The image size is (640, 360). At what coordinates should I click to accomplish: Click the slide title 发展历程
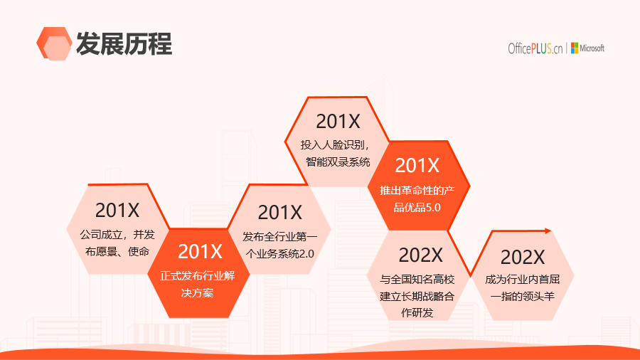pyautogui.click(x=124, y=43)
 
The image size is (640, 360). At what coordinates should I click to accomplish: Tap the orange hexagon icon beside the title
pyautogui.click(x=54, y=43)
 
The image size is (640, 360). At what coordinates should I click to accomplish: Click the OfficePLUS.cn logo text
pyautogui.click(x=535, y=48)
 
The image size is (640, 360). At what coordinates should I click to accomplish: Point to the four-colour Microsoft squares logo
pyautogui.click(x=575, y=48)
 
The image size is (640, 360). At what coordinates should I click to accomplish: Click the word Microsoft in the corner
pyautogui.click(x=592, y=48)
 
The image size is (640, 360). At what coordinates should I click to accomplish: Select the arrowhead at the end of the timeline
pyautogui.click(x=548, y=231)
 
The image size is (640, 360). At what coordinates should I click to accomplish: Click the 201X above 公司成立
pyautogui.click(x=117, y=211)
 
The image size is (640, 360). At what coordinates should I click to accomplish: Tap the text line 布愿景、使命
pyautogui.click(x=117, y=251)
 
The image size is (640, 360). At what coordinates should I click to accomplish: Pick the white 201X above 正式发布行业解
pyautogui.click(x=200, y=251)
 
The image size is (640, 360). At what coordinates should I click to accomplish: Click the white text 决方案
pyautogui.click(x=198, y=293)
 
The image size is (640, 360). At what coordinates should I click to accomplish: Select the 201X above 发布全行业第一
pyautogui.click(x=279, y=213)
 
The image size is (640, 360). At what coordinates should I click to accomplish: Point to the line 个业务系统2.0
pyautogui.click(x=280, y=254)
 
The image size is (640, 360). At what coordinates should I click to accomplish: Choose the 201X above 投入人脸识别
pyautogui.click(x=338, y=121)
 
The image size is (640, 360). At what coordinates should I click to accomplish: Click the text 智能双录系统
pyautogui.click(x=338, y=162)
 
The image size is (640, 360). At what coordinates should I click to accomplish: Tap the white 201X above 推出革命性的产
pyautogui.click(x=417, y=165)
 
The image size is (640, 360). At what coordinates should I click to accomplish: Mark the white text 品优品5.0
pyautogui.click(x=417, y=207)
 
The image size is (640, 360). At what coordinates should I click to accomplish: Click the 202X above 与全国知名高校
pyautogui.click(x=420, y=255)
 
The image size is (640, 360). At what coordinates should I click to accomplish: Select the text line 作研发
pyautogui.click(x=417, y=312)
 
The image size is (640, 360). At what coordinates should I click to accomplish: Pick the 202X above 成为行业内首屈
pyautogui.click(x=523, y=258)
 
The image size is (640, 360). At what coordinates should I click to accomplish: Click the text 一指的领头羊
pyautogui.click(x=523, y=297)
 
